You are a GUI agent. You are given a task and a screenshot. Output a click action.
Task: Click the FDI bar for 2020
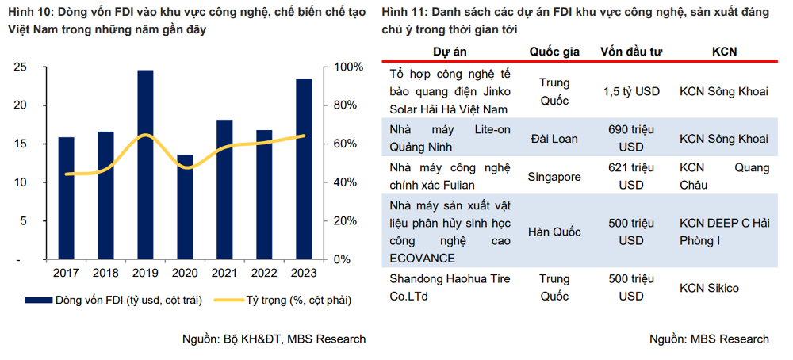[185, 207]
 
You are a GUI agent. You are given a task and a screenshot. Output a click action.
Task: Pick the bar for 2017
[67, 198]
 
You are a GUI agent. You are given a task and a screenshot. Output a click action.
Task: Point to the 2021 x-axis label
[224, 273]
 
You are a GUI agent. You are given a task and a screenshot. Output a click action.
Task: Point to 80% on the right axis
[347, 105]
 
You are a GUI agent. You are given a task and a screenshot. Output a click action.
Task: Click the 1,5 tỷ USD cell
[631, 91]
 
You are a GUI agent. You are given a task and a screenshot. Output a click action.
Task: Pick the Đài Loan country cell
[554, 139]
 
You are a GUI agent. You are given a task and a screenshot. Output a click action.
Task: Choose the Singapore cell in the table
[554, 177]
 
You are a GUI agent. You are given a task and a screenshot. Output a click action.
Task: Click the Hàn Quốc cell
[554, 232]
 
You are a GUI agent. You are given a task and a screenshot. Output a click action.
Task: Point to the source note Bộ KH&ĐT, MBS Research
[274, 339]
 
